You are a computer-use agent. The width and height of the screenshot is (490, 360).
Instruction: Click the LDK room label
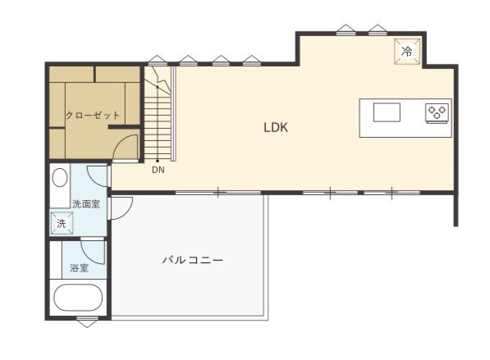coord(276,127)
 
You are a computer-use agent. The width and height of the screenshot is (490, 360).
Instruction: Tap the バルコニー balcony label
coord(193,260)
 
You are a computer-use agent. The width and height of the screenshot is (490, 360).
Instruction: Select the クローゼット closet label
coord(93,115)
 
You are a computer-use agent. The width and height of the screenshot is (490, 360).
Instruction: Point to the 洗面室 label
coord(86,204)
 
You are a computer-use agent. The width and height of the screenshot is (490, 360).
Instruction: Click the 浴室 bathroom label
coord(79,268)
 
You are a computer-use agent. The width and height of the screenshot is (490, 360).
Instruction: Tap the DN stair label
coord(158,170)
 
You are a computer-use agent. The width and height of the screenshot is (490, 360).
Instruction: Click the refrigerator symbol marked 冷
coord(407,52)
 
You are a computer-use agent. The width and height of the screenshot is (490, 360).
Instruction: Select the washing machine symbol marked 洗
coord(62,223)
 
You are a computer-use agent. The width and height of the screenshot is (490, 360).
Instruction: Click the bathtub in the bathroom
coord(78,298)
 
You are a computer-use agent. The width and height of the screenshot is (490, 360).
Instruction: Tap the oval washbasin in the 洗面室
coord(60,178)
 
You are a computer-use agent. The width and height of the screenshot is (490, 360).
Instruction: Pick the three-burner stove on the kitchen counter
coord(437,112)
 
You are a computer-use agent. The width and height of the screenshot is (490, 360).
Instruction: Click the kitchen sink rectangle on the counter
coord(387,112)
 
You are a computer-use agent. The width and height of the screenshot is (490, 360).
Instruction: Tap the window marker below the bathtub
coord(87,321)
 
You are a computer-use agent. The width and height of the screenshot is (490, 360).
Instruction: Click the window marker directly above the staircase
coord(158,60)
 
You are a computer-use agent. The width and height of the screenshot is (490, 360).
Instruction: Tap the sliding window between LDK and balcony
coord(218,193)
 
